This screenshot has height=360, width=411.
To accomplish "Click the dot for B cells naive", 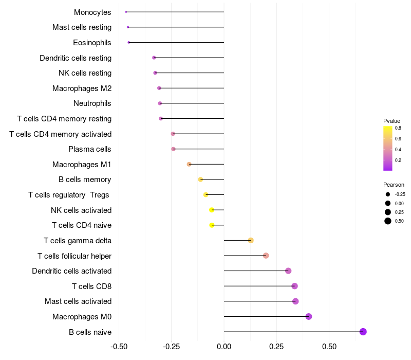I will pyautogui.click(x=363, y=332).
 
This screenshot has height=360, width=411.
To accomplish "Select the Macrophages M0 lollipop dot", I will pyautogui.click(x=309, y=316).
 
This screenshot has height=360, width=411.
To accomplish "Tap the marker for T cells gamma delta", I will pyautogui.click(x=251, y=240).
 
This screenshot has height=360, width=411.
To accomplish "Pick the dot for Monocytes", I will pyautogui.click(x=126, y=12).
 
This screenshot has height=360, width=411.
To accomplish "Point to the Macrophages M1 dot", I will pyautogui.click(x=189, y=164).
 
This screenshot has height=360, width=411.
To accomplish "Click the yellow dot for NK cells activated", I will pyautogui.click(x=212, y=210).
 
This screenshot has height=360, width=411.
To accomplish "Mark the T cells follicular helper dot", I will pyautogui.click(x=266, y=256).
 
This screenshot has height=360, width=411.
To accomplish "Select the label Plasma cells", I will pyautogui.click(x=89, y=149).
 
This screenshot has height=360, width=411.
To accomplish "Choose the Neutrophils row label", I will pyautogui.click(x=92, y=103).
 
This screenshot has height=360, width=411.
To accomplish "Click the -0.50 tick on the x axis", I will pyautogui.click(x=119, y=346).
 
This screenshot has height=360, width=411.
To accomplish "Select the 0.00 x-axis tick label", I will pyautogui.click(x=224, y=346).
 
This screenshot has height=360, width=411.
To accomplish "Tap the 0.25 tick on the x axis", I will pyautogui.click(x=276, y=346).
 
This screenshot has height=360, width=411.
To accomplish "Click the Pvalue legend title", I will pyautogui.click(x=391, y=121).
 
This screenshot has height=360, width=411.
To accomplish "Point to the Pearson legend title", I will pyautogui.click(x=394, y=185).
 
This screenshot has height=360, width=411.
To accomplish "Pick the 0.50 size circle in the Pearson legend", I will pyautogui.click(x=388, y=221).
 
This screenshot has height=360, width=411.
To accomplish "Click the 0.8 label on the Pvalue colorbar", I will pyautogui.click(x=398, y=128).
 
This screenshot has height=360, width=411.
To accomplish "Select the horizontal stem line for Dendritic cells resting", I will pyautogui.click(x=189, y=58).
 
